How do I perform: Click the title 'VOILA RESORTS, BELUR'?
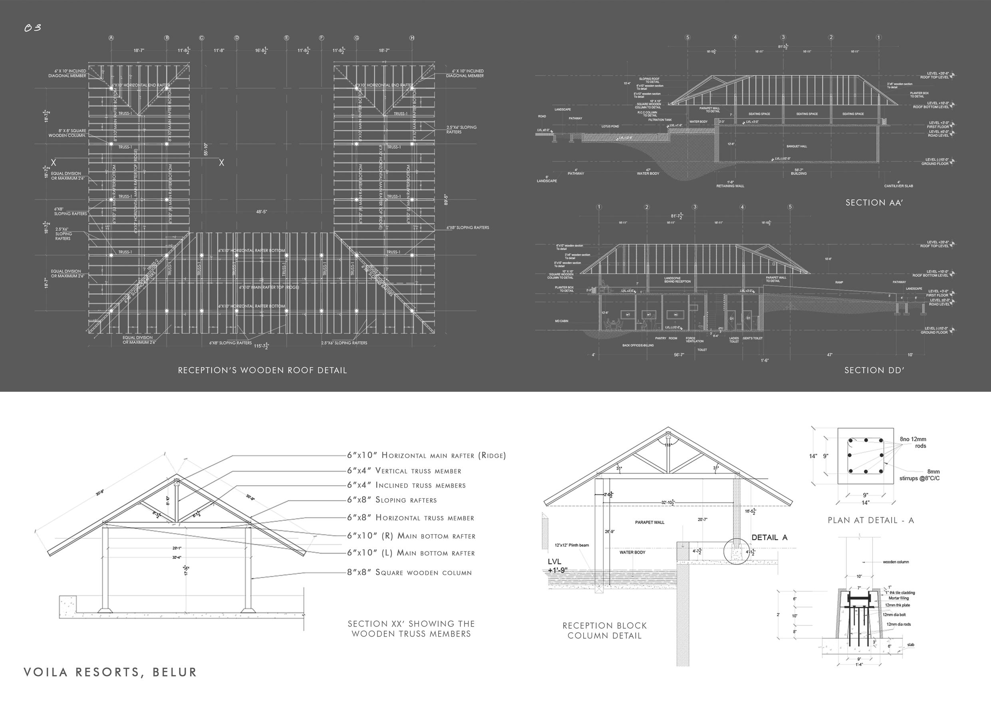click(x=110, y=672)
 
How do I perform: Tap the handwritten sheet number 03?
click(x=33, y=28)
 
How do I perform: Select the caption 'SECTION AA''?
click(x=874, y=203)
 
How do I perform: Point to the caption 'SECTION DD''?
click(x=874, y=370)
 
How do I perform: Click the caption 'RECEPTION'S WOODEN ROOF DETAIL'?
click(x=262, y=370)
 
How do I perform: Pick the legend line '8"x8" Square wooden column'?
click(x=409, y=573)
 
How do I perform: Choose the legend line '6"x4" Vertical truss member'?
click(x=404, y=471)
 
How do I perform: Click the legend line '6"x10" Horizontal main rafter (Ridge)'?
click(x=427, y=455)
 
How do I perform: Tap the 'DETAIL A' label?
click(x=770, y=537)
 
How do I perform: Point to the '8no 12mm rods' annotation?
click(x=913, y=442)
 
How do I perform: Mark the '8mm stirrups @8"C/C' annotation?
click(x=920, y=475)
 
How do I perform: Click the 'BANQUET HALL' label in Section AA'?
click(x=797, y=146)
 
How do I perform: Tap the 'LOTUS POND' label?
click(x=610, y=127)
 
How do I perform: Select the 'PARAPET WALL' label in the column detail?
click(x=649, y=522)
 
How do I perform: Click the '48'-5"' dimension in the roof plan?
click(x=262, y=212)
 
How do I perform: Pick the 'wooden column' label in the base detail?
click(x=896, y=562)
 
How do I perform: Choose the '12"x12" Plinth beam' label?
click(x=572, y=545)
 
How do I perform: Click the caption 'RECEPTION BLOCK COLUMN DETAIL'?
click(x=604, y=630)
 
